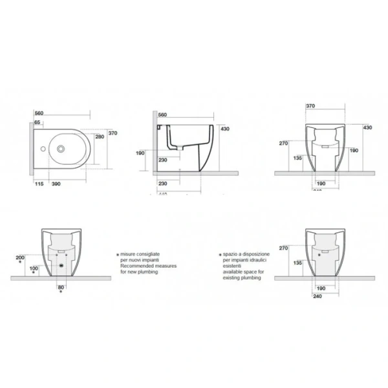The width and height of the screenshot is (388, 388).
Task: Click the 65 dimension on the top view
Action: coord(38,122)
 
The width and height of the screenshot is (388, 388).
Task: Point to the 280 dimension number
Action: coord(100,137)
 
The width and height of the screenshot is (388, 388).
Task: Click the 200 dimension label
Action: coord(19,257)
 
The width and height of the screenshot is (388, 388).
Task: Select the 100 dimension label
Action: coord(34,268)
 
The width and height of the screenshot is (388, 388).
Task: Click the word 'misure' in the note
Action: coord(126,255)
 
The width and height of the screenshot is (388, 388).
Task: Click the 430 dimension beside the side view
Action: coord(225,129)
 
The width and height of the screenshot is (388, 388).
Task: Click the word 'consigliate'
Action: coord(149,255)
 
